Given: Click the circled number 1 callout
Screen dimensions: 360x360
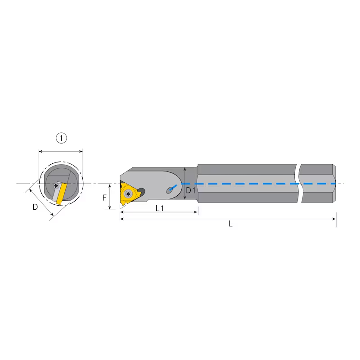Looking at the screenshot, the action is [61, 138].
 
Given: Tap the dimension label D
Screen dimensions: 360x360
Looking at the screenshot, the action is [35, 207].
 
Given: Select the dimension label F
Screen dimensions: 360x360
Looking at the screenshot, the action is [104, 198].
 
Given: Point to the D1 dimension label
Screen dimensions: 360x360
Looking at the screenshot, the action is [190, 190].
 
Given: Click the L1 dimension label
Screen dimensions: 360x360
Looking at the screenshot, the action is [160, 208].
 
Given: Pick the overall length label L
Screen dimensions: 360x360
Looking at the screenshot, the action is [231, 224].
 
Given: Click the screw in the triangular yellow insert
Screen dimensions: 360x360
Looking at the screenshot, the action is [128, 194].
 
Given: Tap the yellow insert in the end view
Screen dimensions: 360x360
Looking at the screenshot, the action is [62, 194].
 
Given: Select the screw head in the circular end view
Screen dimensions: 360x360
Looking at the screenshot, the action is [55, 186].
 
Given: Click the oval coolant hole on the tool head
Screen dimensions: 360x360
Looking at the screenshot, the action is [170, 190].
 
